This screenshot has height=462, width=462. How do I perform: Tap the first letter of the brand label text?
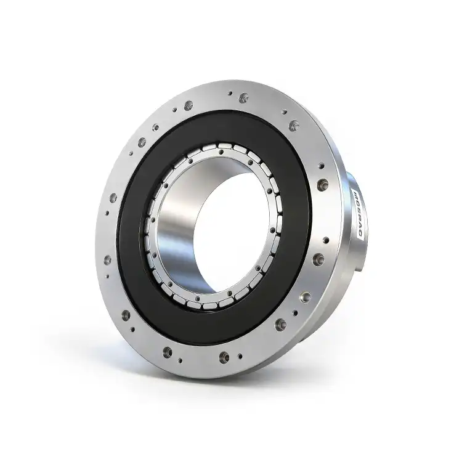pos(358,192)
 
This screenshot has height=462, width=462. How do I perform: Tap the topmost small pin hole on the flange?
pos(230,94)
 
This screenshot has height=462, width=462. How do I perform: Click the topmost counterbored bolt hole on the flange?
pos(244,97)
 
